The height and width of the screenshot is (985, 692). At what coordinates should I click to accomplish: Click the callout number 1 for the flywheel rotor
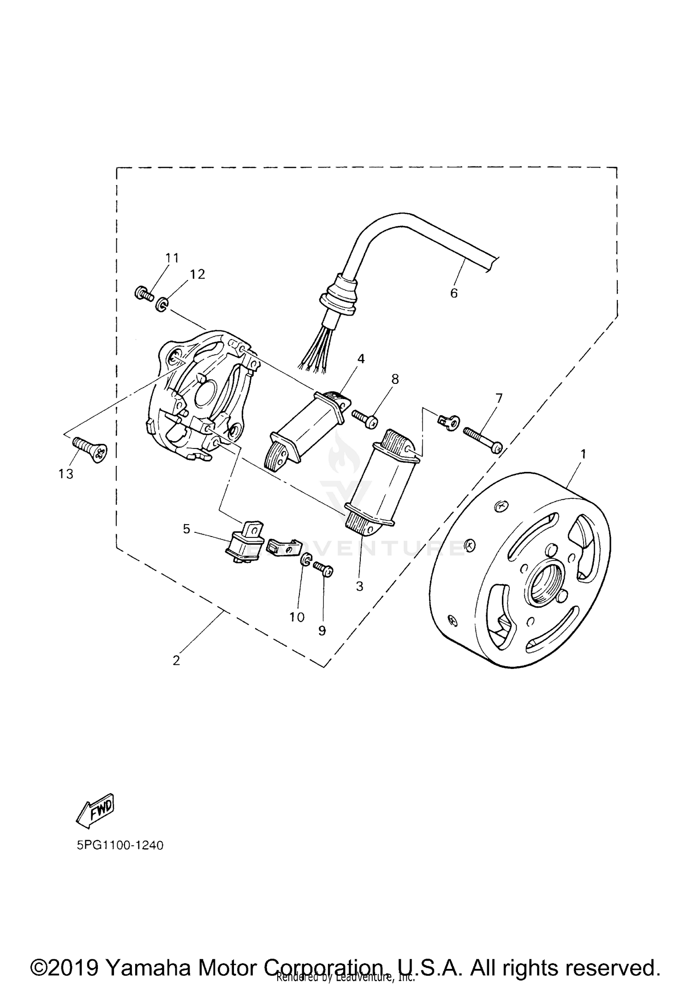583,454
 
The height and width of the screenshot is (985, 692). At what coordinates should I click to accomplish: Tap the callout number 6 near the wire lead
454,293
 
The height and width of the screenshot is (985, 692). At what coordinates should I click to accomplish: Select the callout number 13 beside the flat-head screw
66,474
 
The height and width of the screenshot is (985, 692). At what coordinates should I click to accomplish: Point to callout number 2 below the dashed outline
176,661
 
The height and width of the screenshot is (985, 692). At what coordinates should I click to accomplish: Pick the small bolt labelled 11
143,293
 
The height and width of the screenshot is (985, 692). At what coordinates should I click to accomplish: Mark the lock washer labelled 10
305,561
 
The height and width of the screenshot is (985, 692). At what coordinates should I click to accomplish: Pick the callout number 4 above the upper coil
361,358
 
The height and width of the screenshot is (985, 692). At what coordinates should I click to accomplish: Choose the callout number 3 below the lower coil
360,586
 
